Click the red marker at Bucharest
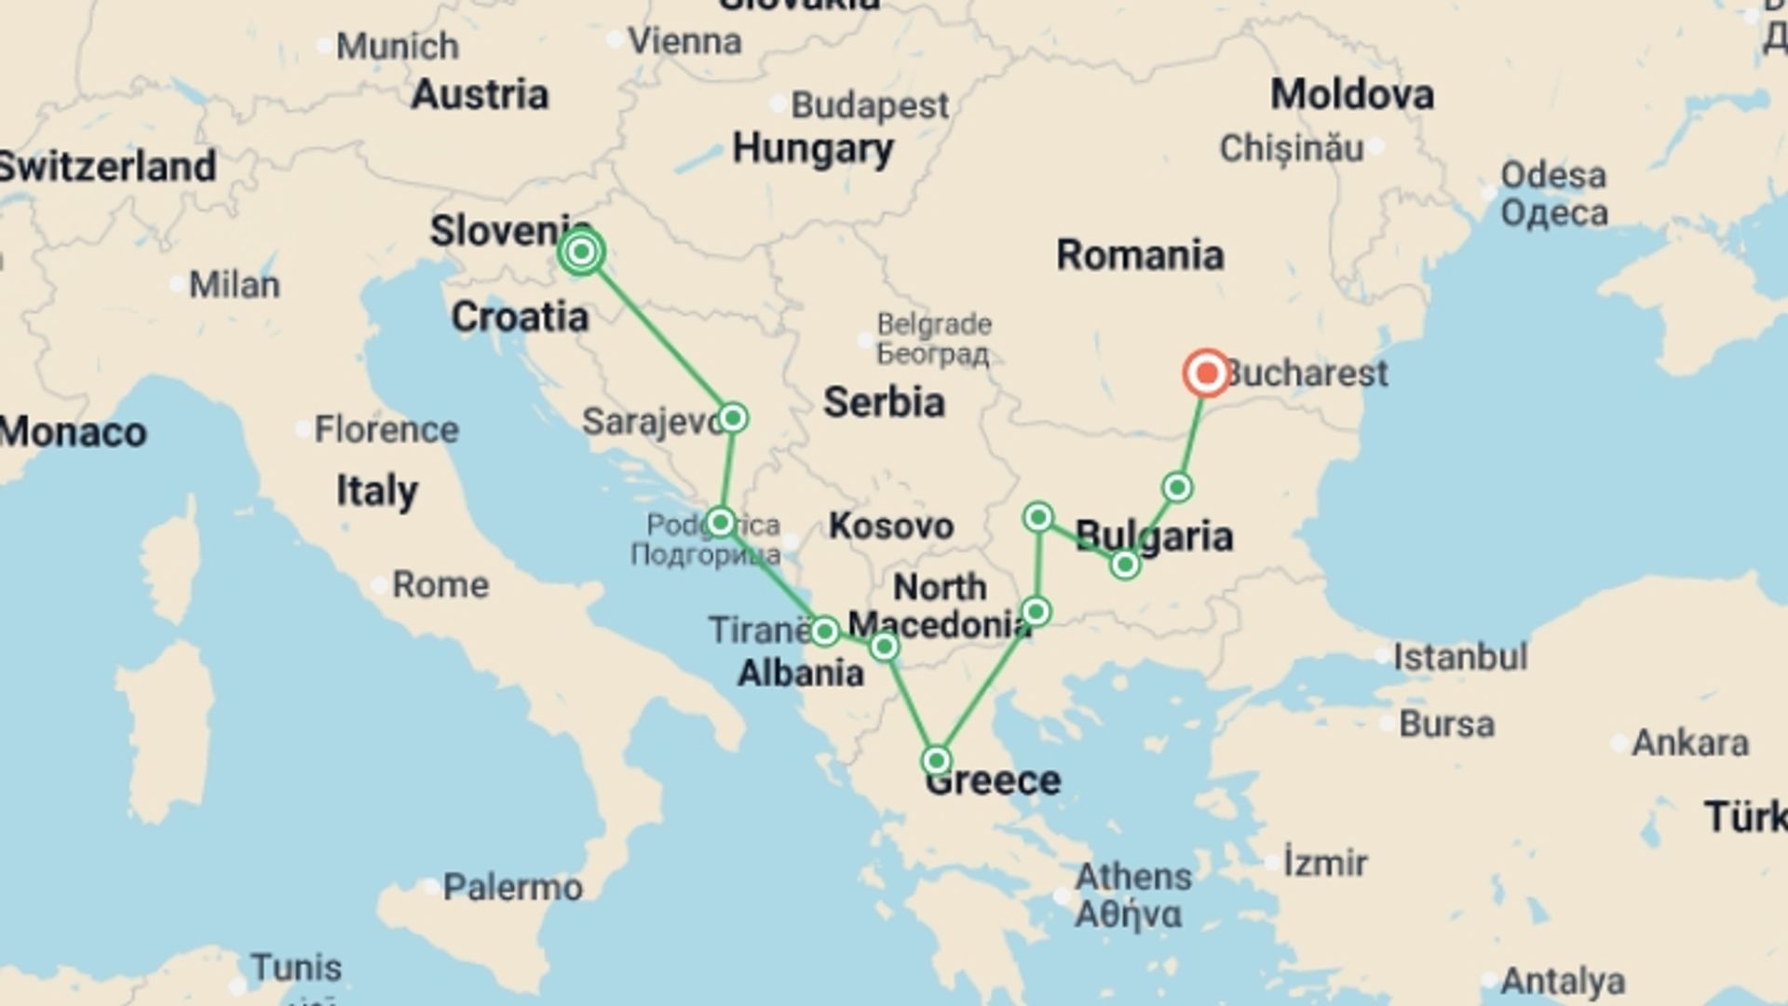(1207, 374)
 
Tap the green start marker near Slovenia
(582, 251)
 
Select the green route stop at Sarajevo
(733, 417)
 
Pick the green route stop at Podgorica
(720, 522)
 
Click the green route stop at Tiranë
(824, 632)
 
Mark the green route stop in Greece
(937, 760)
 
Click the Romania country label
(1140, 255)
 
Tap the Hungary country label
(813, 149)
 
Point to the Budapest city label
(870, 105)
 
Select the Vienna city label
(684, 41)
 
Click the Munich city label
(398, 46)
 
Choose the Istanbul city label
(1460, 657)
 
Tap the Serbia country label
(884, 402)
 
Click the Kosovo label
(891, 526)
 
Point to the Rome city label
(440, 585)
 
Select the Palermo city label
(512, 887)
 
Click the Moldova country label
(1352, 95)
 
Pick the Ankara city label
(1690, 742)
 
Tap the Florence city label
(386, 429)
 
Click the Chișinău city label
(1292, 148)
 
